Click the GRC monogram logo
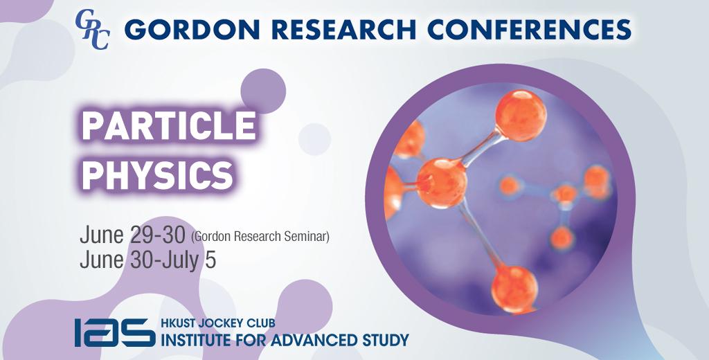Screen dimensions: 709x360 [92, 29]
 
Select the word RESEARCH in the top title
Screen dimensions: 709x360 [343, 29]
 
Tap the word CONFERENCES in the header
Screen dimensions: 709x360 [529, 29]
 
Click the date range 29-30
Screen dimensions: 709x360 [157, 235]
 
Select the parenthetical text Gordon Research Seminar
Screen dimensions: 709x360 [260, 237]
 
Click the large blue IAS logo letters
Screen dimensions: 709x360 [115, 332]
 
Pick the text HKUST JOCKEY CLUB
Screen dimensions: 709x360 [218, 323]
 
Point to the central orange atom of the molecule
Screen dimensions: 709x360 [441, 183]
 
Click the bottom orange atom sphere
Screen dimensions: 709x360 [514, 288]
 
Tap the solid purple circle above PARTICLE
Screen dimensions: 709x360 [263, 91]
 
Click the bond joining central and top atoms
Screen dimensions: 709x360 [481, 147]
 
